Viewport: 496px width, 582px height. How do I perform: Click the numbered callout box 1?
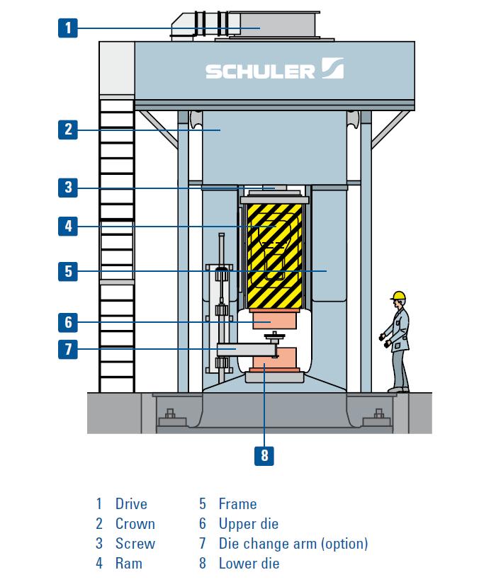click(67, 28)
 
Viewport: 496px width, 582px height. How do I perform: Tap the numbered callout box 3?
click(67, 188)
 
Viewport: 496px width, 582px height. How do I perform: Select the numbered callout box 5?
click(67, 271)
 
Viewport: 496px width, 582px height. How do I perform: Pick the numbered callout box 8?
click(264, 455)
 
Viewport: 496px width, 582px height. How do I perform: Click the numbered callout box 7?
click(67, 349)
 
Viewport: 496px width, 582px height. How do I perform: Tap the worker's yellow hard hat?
click(398, 295)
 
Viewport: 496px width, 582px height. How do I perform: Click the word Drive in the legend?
click(131, 503)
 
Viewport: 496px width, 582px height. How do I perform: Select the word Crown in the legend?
click(135, 524)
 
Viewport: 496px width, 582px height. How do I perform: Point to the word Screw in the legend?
click(135, 543)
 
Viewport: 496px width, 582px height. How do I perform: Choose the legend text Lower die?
click(249, 563)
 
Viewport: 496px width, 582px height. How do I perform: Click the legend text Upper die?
click(249, 524)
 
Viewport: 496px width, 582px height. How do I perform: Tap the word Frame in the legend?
click(238, 503)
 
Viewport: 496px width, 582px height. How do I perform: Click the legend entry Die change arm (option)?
click(293, 543)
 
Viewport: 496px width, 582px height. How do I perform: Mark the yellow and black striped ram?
click(274, 256)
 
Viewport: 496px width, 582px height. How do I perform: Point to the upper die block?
click(274, 319)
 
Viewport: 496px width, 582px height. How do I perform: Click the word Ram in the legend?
click(129, 563)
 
